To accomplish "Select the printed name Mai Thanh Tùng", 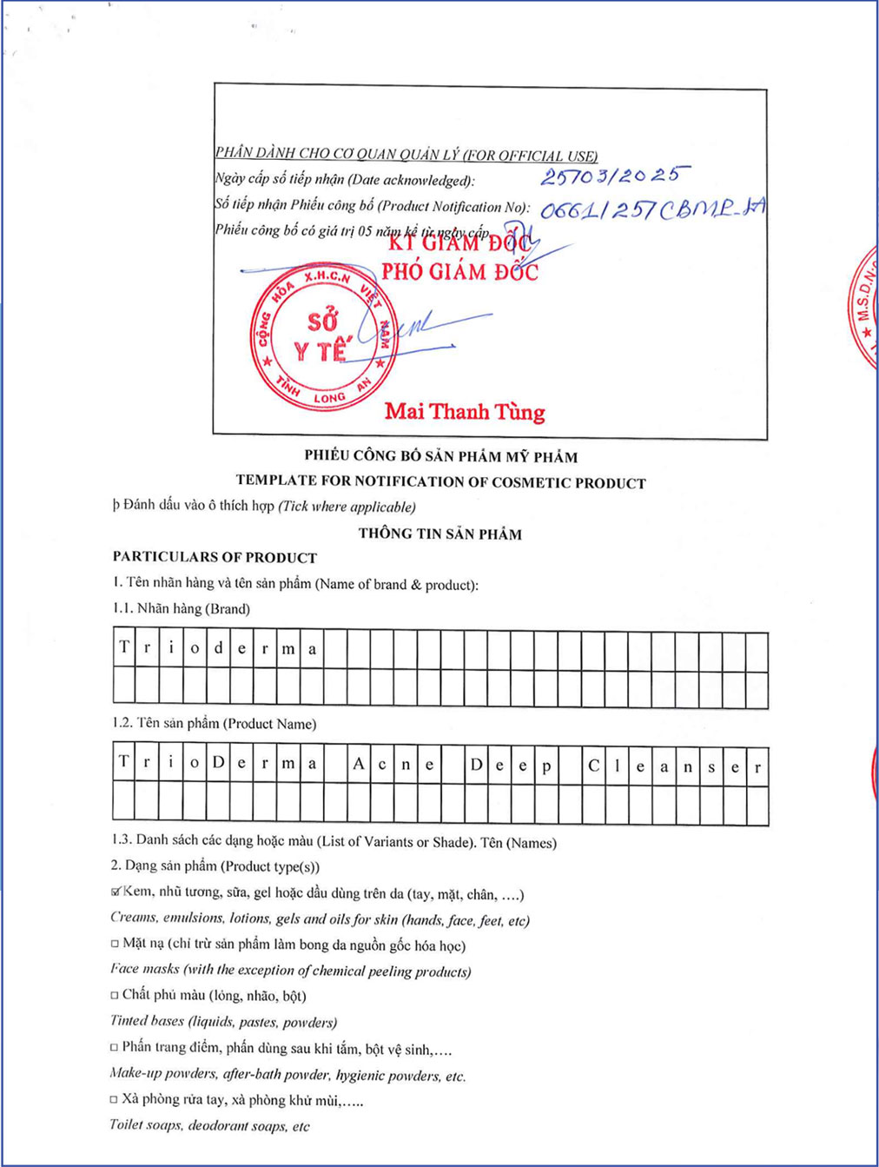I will pos(465,411).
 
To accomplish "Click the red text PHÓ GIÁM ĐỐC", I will pos(459,272).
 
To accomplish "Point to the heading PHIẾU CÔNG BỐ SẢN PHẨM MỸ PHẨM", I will pos(440,456).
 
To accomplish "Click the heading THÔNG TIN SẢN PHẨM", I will pos(440,534).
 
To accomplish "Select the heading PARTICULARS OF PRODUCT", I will pos(215,557).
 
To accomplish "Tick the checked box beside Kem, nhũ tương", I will pos(116,892).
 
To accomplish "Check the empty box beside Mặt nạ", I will pos(115,944).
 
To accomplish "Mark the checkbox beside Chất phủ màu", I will pos(115,995).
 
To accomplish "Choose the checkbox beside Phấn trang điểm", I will pos(115,1047).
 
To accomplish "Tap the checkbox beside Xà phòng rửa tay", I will pos(114,1099).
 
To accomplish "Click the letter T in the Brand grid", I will pos(124,647).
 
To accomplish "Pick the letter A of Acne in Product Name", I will pos(359,765).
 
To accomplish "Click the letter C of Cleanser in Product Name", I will pos(593,766).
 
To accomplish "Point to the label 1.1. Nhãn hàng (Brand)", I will pos(182,608).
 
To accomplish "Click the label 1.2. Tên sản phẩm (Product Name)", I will pos(214,723).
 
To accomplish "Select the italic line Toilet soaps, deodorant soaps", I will pos(209,1126).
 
